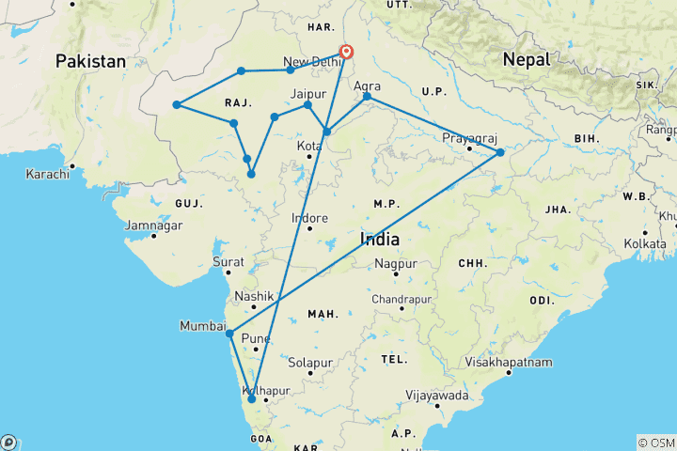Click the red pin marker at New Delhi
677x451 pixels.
(347, 53)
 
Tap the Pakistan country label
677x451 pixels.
(90, 61)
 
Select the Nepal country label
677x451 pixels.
(526, 58)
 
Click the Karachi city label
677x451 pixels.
(48, 174)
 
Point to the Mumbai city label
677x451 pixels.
(203, 326)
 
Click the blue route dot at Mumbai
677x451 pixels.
(229, 334)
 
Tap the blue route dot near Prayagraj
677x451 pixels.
(500, 152)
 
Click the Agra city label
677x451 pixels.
(368, 86)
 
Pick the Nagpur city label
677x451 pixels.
(395, 265)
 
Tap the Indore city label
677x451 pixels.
(309, 218)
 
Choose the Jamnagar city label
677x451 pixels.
(153, 225)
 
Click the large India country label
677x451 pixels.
(380, 240)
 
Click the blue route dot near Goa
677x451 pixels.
(251, 399)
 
